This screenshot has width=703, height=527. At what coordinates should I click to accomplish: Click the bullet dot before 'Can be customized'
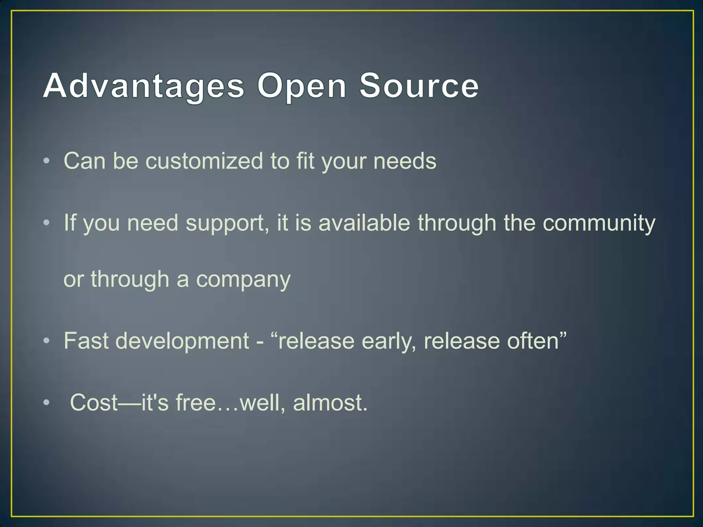click(47, 161)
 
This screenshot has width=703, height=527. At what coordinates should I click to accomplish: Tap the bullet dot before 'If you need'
click(47, 223)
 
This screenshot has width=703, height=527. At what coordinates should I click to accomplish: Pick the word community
click(599, 223)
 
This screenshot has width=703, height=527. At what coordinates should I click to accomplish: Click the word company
click(243, 280)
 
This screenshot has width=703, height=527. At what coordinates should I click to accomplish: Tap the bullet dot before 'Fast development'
click(47, 341)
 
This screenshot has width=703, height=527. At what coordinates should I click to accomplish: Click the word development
click(182, 341)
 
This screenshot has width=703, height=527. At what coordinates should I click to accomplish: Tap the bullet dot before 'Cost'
click(47, 403)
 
